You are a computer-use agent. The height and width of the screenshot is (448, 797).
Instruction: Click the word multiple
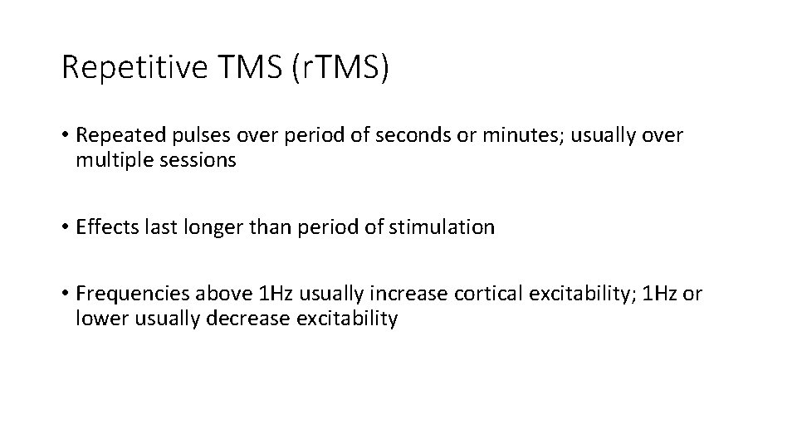110,160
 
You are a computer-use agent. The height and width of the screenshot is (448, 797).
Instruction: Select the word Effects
105,227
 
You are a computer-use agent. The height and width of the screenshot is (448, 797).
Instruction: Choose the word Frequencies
131,295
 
